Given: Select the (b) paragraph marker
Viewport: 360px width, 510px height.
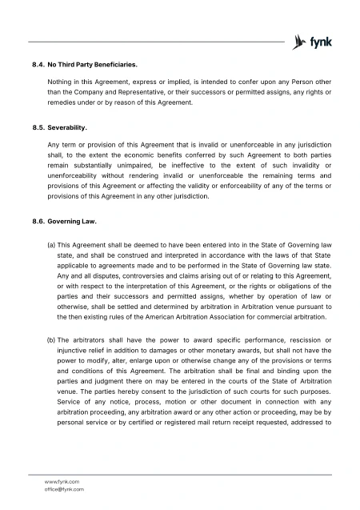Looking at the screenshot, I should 52,341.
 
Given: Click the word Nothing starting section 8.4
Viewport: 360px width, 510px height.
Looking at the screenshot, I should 62,82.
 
